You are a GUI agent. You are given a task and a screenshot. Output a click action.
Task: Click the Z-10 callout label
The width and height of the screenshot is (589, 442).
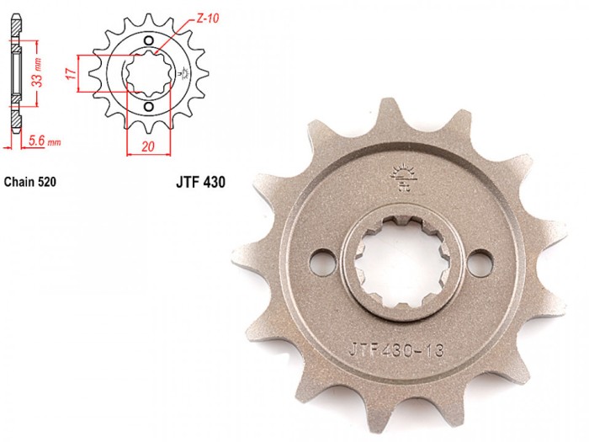tap(208, 18)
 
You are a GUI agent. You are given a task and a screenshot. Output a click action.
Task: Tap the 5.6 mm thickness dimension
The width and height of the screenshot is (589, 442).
tap(45, 141)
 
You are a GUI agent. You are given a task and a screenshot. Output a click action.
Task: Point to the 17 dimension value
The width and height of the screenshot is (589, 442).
tap(71, 73)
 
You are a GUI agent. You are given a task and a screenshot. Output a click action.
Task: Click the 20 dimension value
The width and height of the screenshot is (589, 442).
tap(148, 146)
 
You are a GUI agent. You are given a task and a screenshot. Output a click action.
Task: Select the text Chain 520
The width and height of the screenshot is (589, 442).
tap(30, 182)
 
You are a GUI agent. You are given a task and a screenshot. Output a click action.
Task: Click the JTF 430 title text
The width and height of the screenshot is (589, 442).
tap(200, 183)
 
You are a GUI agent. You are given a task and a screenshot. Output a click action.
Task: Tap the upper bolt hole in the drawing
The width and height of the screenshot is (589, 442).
tap(149, 40)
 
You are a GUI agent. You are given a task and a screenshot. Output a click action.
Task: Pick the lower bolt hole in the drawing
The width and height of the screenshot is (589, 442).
tap(149, 107)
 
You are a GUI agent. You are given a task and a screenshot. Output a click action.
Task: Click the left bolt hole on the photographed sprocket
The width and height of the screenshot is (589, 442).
tap(322, 261)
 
